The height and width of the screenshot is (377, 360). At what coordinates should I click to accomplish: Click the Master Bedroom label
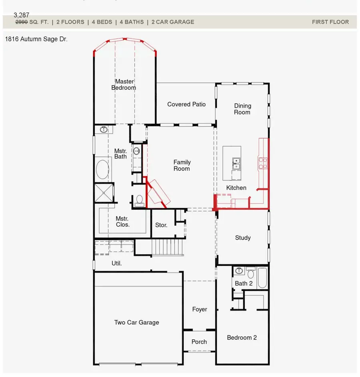[124, 84]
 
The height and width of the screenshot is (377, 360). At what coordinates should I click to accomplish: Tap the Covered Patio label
[186, 104]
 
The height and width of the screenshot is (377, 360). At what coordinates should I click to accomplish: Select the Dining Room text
[242, 109]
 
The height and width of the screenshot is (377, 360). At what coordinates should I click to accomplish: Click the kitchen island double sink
[236, 164]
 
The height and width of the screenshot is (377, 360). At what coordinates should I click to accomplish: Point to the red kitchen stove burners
[263, 163]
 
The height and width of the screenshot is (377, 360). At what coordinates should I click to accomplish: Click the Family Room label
[182, 165]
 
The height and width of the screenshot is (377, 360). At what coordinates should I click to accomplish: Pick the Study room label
[243, 238]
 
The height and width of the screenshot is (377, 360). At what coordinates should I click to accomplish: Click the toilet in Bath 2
[251, 273]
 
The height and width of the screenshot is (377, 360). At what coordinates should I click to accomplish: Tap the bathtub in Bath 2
[263, 278]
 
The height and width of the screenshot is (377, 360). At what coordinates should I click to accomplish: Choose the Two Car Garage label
[136, 322]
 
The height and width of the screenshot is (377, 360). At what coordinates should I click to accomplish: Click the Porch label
[199, 341]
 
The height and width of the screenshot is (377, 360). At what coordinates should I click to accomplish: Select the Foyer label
[200, 309]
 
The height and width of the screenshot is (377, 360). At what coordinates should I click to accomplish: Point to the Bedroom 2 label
[242, 337]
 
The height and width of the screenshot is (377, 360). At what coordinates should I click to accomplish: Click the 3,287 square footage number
[21, 15]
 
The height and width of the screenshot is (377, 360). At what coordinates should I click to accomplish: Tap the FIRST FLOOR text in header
[330, 22]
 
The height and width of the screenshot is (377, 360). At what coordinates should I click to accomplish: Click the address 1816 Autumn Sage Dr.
[36, 39]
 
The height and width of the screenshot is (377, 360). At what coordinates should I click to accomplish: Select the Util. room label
[116, 263]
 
